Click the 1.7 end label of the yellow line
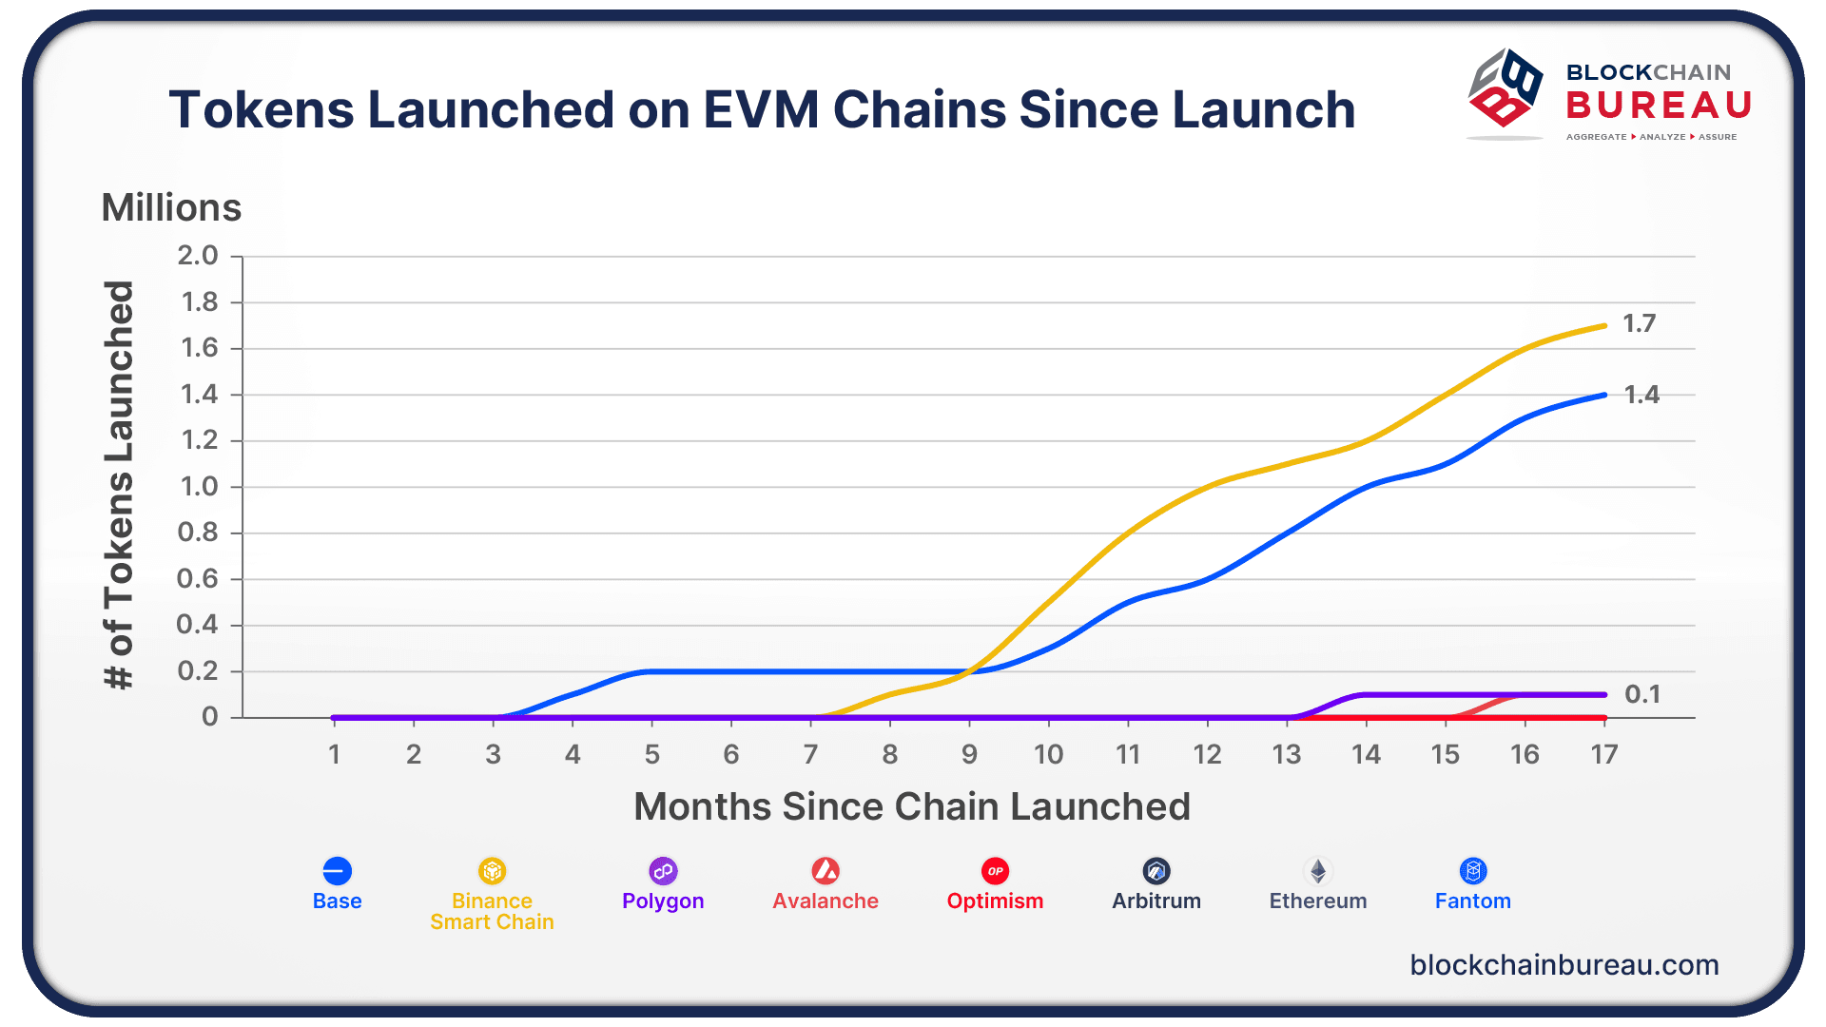click(1639, 323)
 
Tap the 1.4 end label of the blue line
click(1641, 395)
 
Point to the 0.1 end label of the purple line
click(1642, 694)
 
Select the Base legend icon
click(337, 871)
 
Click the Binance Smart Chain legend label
click(492, 911)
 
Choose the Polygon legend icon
click(663, 871)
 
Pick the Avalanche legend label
click(826, 901)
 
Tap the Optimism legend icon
click(995, 871)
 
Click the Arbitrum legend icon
click(1156, 871)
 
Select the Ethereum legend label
click(1317, 901)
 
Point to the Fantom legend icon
click(1473, 871)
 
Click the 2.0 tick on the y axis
click(198, 256)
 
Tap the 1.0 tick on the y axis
click(199, 487)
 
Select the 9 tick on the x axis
click(969, 755)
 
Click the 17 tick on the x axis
click(1604, 755)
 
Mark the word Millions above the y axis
click(171, 207)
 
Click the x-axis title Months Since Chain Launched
click(912, 806)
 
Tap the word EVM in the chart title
click(761, 109)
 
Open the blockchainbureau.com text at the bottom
click(1564, 965)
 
